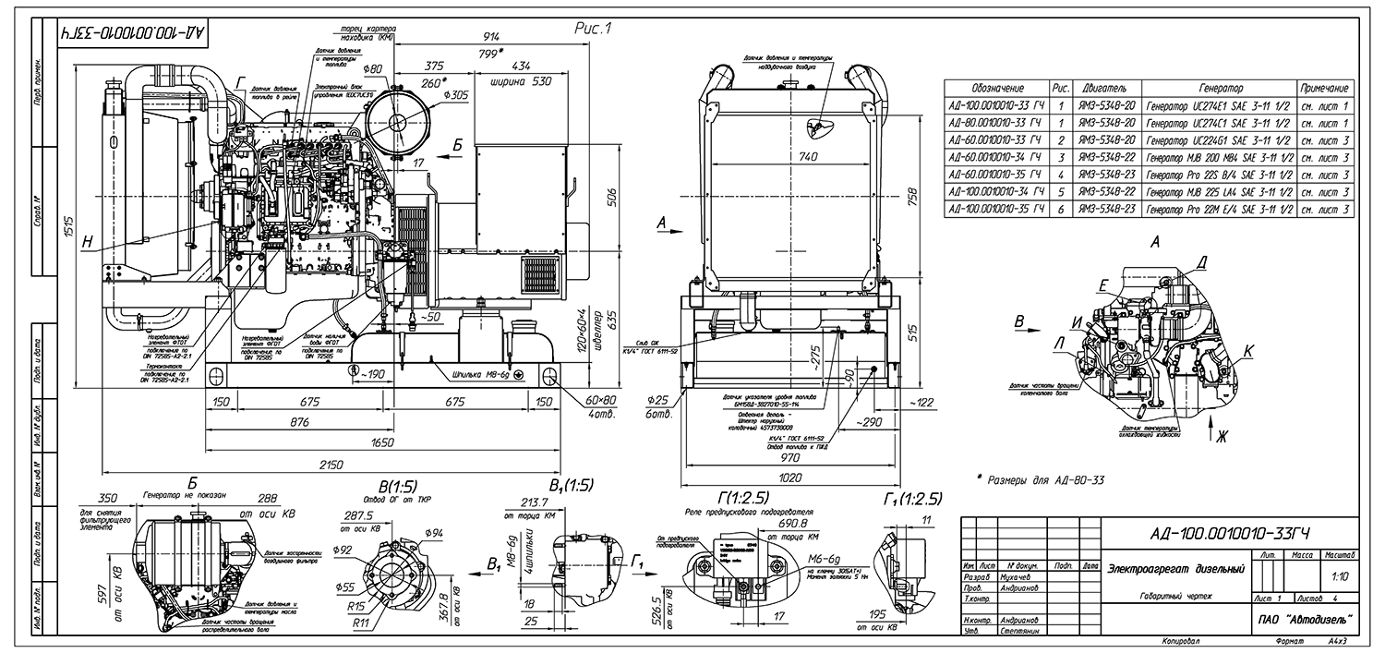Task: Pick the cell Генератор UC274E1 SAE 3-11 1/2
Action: click(x=1216, y=106)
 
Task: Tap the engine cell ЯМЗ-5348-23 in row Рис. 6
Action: click(x=1105, y=210)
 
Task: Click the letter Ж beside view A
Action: click(x=1222, y=437)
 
